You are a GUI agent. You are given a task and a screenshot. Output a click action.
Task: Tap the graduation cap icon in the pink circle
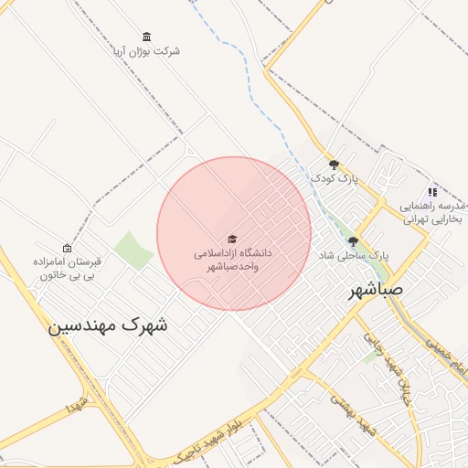[x=232, y=238]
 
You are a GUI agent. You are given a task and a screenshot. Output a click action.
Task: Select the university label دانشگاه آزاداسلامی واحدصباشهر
[x=233, y=258]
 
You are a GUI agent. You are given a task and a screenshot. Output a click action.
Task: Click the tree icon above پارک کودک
[x=334, y=165]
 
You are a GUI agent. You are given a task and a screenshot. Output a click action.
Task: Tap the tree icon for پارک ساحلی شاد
[x=353, y=242]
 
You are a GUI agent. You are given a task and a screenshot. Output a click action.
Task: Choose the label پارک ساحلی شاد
[x=353, y=256]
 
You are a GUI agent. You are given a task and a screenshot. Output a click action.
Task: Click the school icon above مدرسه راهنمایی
[x=432, y=192]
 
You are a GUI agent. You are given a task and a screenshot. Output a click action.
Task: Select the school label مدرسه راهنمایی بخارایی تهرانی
[x=432, y=213]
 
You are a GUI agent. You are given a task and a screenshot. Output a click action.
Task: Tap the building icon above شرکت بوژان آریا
[x=147, y=37]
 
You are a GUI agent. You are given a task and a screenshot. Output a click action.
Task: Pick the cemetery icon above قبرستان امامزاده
[x=67, y=249]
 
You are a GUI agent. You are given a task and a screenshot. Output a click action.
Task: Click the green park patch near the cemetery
[x=133, y=250]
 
